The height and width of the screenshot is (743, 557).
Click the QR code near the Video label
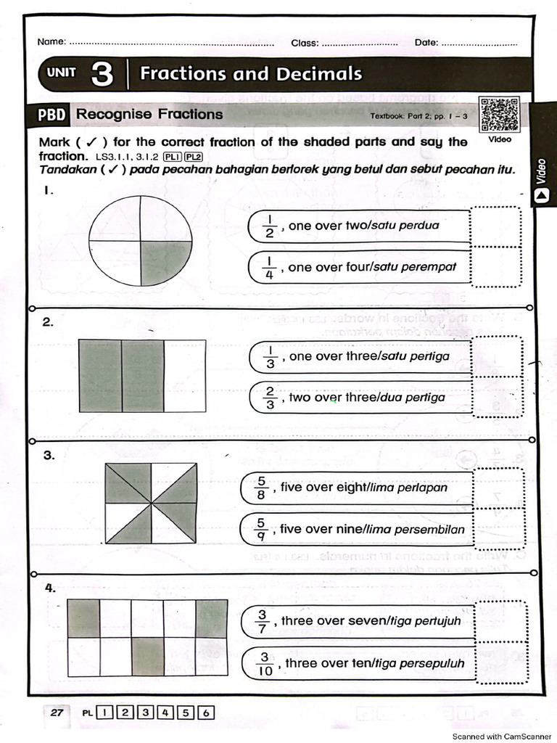(499, 113)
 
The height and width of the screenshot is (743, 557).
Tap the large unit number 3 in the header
(102, 74)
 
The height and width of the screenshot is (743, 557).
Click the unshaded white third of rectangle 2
(184, 376)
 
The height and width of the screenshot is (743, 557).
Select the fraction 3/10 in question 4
(265, 663)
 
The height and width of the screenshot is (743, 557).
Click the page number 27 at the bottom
(57, 713)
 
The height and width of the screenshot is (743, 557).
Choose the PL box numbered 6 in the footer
(207, 713)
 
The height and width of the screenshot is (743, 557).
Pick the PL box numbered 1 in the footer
(105, 713)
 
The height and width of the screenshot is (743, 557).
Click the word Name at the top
(51, 42)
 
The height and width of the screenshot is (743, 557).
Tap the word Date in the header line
(426, 42)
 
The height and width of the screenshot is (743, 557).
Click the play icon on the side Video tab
(540, 194)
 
